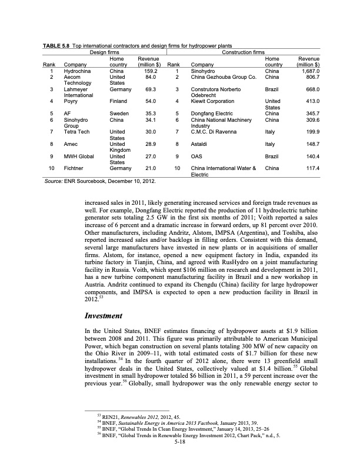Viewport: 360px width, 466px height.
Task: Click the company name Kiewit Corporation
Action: pos(214,102)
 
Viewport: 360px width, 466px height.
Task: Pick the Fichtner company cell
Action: pos(74,168)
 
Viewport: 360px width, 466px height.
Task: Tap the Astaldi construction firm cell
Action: pos(201,143)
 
